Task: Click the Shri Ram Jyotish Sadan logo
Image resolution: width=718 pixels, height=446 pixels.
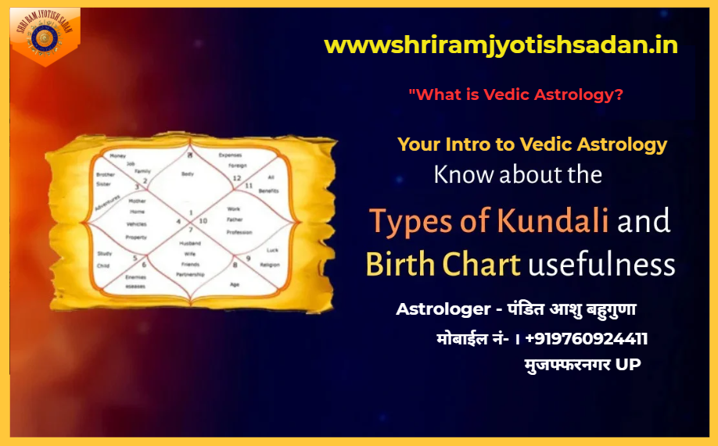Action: pyautogui.click(x=45, y=36)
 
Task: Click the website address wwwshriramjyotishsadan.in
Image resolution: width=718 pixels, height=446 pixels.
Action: pyautogui.click(x=501, y=45)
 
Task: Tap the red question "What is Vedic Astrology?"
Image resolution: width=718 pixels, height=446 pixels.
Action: pyautogui.click(x=515, y=95)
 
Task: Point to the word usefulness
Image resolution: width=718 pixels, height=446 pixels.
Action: pyautogui.click(x=601, y=265)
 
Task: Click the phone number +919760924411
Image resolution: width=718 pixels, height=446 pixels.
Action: pyautogui.click(x=587, y=338)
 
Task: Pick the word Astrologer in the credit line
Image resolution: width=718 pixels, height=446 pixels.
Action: pyautogui.click(x=442, y=309)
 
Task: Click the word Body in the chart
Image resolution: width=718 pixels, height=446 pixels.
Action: pyautogui.click(x=187, y=174)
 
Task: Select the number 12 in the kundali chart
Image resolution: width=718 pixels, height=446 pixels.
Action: pyautogui.click(x=236, y=179)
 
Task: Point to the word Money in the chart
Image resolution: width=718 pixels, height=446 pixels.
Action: pyautogui.click(x=118, y=156)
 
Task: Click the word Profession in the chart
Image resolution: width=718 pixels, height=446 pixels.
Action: pyautogui.click(x=239, y=232)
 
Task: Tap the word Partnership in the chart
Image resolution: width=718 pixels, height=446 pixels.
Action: pyautogui.click(x=190, y=275)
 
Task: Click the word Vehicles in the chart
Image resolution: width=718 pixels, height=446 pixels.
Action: pyautogui.click(x=137, y=224)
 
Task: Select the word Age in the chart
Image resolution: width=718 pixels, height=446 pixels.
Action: pyautogui.click(x=234, y=284)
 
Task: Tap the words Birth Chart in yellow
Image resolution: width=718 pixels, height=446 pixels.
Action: pyautogui.click(x=443, y=265)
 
